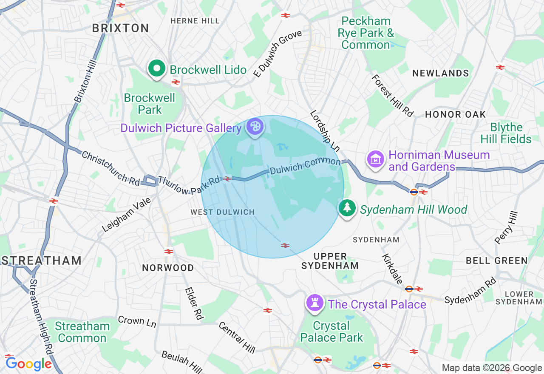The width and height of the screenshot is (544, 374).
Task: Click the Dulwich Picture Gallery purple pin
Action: click(x=255, y=127)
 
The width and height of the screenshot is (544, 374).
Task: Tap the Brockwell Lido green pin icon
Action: click(x=157, y=68)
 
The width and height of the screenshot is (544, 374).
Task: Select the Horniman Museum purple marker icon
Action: click(x=376, y=159)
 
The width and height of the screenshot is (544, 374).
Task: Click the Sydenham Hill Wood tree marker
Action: click(x=347, y=208)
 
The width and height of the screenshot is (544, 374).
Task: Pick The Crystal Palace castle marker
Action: click(x=315, y=303)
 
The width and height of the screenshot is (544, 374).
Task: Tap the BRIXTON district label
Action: click(x=121, y=28)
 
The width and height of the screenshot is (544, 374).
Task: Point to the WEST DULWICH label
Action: click(x=222, y=212)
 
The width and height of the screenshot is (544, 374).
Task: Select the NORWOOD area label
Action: click(x=168, y=268)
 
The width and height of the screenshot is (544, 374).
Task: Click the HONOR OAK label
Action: click(x=455, y=114)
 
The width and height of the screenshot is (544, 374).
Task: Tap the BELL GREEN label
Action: click(x=496, y=261)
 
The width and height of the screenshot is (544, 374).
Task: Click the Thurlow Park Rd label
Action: click(x=189, y=185)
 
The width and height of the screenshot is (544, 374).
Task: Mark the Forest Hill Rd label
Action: click(x=392, y=96)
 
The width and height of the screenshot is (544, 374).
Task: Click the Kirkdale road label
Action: click(x=392, y=269)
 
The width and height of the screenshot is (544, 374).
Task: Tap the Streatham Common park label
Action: click(x=82, y=332)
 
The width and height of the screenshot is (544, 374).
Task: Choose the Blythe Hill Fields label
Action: click(x=506, y=133)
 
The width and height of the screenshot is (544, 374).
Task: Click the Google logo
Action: click(x=28, y=364)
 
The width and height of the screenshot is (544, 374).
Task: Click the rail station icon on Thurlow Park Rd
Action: click(x=227, y=179)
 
